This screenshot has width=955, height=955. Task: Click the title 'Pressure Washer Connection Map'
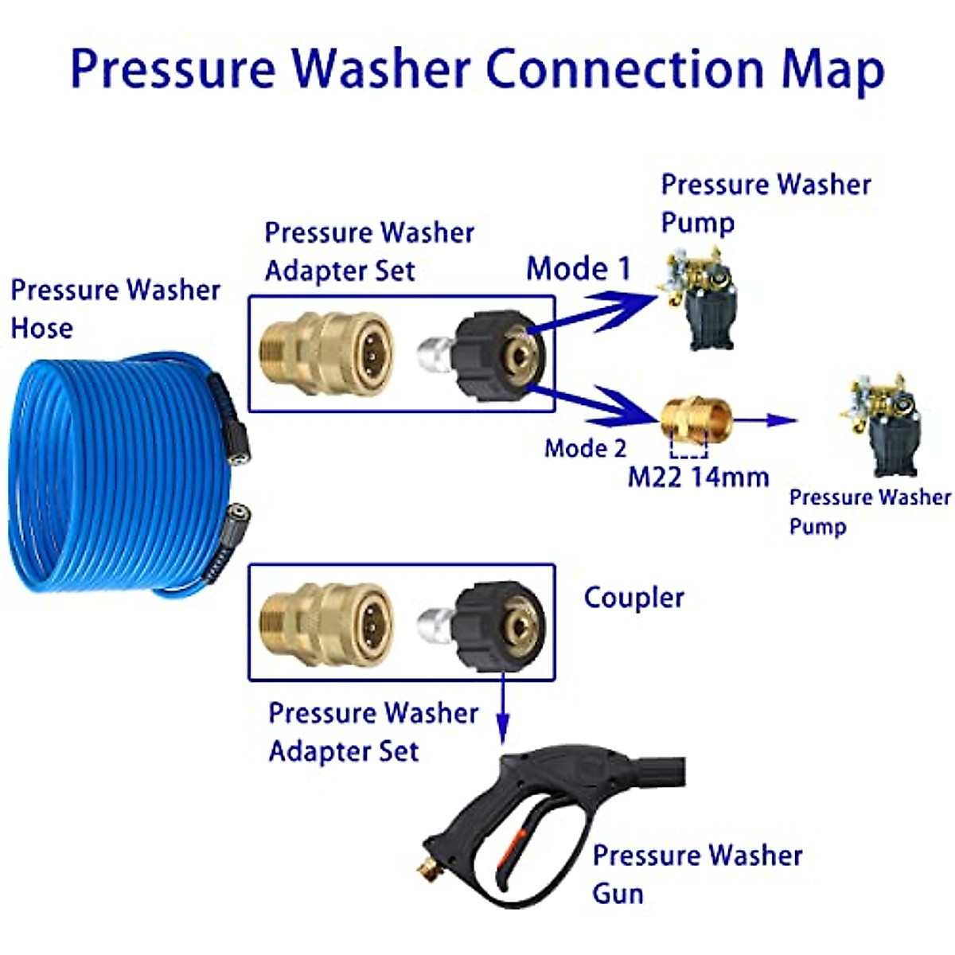point(477,70)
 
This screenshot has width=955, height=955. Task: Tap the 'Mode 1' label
point(579,269)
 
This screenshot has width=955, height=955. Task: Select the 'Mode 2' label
point(585,448)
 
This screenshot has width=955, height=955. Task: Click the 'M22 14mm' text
point(698,477)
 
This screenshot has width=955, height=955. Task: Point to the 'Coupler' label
point(633,598)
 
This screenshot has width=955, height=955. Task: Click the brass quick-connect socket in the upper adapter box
point(328,353)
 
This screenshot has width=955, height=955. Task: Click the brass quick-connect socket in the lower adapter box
point(328,625)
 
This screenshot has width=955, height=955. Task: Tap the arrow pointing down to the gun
point(502,708)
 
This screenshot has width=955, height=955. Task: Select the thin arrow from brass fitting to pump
point(764,420)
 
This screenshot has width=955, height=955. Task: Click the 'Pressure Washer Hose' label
point(115,309)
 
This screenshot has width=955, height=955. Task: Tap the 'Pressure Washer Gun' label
point(697,874)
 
